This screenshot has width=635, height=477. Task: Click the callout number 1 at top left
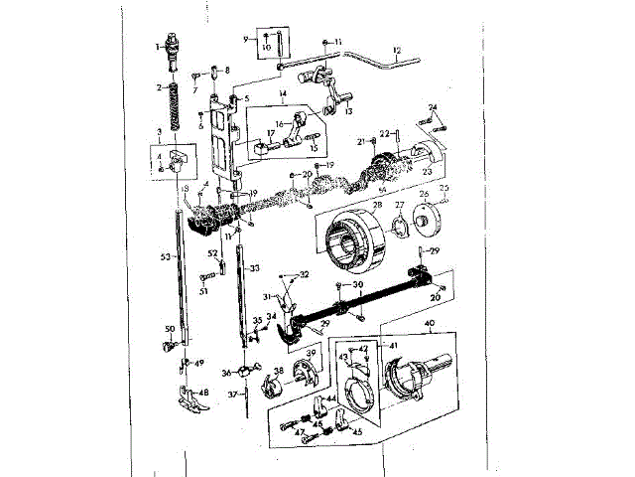(x=158, y=47)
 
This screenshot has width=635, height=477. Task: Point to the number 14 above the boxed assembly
(x=282, y=94)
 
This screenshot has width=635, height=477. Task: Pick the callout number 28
(x=377, y=205)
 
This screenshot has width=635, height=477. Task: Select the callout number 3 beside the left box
(x=159, y=131)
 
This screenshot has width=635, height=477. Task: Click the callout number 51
(x=203, y=291)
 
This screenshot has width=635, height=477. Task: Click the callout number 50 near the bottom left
(x=170, y=328)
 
